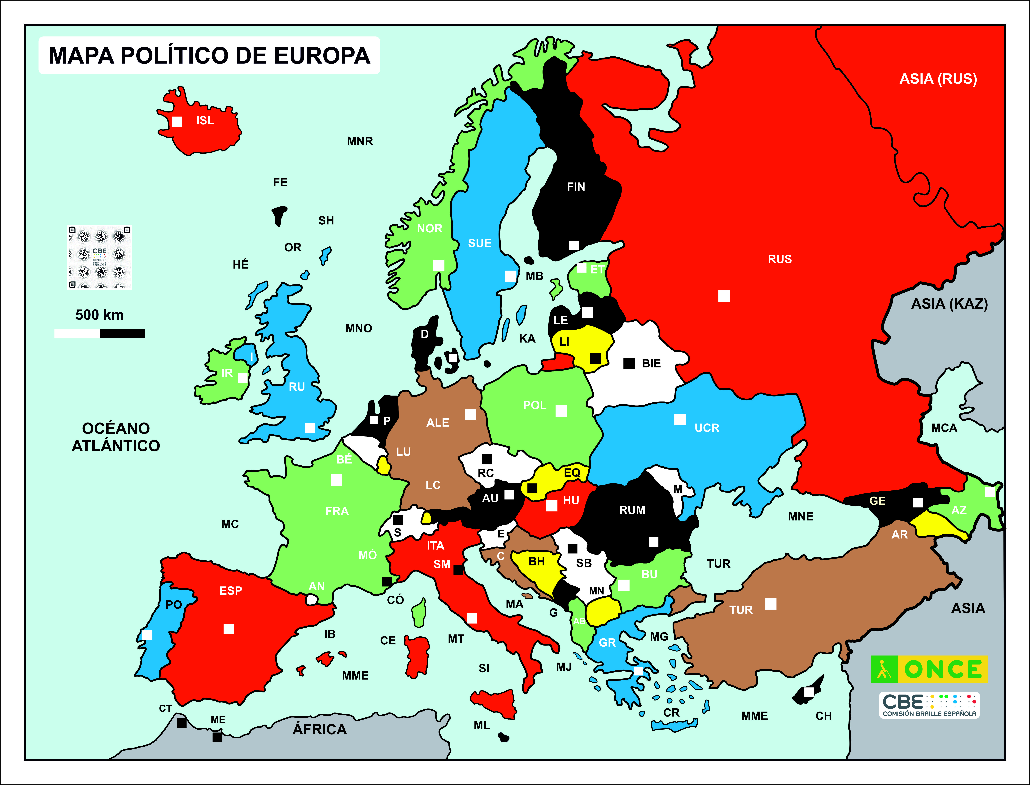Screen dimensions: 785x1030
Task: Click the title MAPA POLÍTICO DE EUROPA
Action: point(209,56)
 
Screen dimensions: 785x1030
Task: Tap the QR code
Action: point(99,257)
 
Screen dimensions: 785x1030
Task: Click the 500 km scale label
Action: point(99,315)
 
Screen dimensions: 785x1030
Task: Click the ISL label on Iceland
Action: point(205,121)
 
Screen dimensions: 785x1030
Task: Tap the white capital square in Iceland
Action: point(177,121)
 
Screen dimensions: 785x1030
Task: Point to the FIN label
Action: point(576,187)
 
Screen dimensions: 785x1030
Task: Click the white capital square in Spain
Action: point(228,629)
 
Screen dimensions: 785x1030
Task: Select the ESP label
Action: point(231,591)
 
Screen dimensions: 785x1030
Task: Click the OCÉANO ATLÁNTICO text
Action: point(116,437)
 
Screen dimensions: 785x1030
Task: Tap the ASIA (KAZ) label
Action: point(949,304)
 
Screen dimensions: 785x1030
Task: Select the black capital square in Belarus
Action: point(629,364)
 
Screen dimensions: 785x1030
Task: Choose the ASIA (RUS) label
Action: point(938,79)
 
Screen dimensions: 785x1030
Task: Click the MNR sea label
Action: point(360,142)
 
